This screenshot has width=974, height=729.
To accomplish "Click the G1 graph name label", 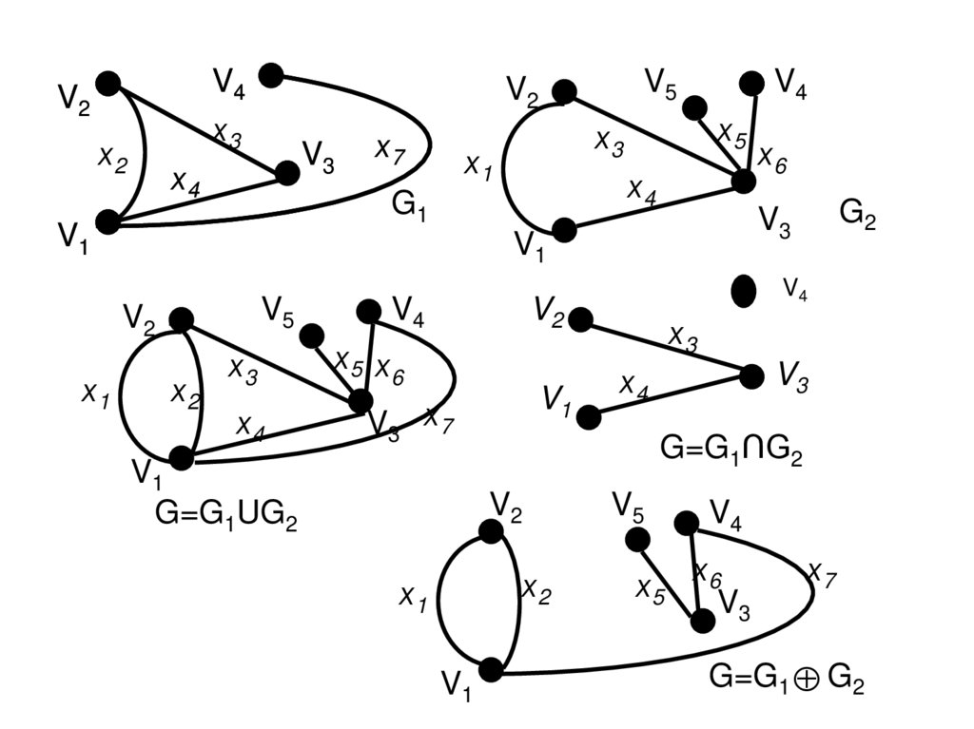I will [x=410, y=205].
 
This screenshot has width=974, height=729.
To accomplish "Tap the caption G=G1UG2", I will [x=226, y=515].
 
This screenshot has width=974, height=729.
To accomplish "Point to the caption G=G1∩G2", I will [x=731, y=450].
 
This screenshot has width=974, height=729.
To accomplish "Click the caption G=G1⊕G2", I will [x=787, y=678].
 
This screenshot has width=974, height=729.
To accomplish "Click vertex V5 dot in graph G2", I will [x=694, y=108].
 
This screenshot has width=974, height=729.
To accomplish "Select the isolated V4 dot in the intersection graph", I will [x=744, y=290].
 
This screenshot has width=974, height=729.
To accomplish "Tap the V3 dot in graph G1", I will [x=286, y=173].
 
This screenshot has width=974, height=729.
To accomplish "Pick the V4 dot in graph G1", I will [x=270, y=75].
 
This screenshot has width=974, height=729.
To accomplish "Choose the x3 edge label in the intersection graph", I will [x=683, y=336].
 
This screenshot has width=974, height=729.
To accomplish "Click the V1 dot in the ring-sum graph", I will [x=491, y=670].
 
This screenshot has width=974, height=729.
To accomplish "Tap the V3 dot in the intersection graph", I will [x=751, y=376].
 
